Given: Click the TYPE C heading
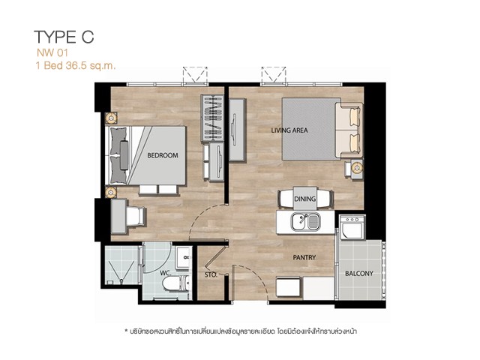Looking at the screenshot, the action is [x=64, y=37].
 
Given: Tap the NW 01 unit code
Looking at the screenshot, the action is [x=52, y=53].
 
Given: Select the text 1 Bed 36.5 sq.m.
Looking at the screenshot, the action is [x=76, y=65].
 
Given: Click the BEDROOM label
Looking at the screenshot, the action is [x=163, y=155].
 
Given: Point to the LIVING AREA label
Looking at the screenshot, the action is [x=289, y=130].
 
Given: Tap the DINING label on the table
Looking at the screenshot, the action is [x=305, y=199].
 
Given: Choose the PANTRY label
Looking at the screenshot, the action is [x=304, y=257].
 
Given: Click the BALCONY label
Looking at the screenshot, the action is [x=359, y=273].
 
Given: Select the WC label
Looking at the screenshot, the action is [x=165, y=272].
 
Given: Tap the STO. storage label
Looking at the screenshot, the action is [x=211, y=275].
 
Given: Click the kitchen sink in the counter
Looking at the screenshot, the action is [x=305, y=222].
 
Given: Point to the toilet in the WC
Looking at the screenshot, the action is [x=175, y=283].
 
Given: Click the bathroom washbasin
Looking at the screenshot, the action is [x=184, y=258].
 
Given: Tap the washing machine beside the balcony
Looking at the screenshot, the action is [x=352, y=227].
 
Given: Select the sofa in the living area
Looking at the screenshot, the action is [x=349, y=130].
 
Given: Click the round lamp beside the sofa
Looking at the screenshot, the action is [x=357, y=168].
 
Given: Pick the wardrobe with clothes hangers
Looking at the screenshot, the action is [x=212, y=118].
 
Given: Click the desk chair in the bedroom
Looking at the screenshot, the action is [x=136, y=216].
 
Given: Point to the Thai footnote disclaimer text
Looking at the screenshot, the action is [x=241, y=331].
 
